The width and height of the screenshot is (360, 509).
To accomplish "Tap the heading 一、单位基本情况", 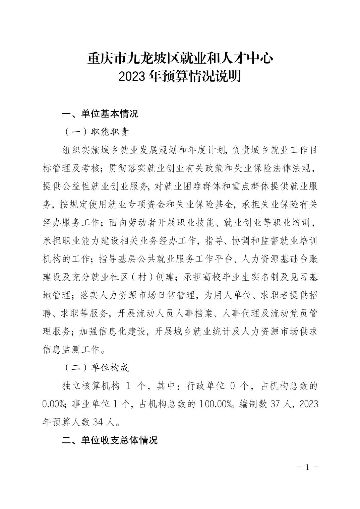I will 100,114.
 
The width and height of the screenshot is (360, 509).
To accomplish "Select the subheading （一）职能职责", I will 96,132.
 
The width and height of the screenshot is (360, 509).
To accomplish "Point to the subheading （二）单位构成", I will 96,367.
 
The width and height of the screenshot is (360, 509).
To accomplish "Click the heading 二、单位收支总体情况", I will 110,440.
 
